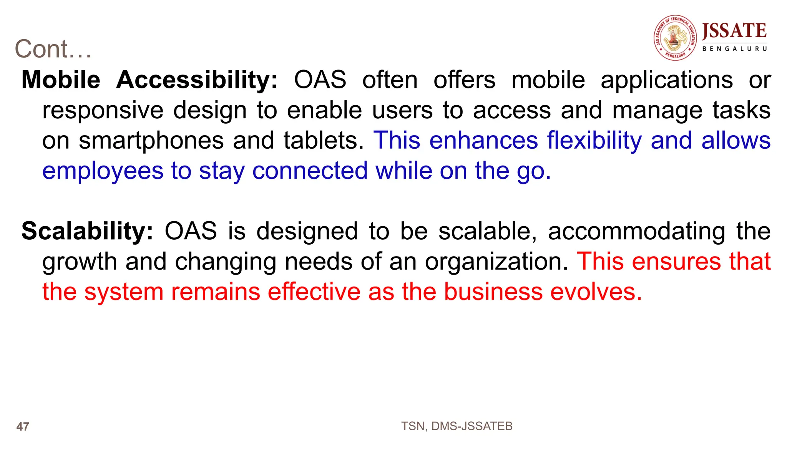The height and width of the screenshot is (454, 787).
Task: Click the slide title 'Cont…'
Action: [x=53, y=49]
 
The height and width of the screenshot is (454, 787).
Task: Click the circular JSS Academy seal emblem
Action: [x=675, y=38]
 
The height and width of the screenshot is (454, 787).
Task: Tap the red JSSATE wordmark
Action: [x=734, y=31]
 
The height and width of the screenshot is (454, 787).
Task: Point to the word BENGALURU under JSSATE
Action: [x=734, y=49]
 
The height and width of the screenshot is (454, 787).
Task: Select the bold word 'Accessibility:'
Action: [x=197, y=80]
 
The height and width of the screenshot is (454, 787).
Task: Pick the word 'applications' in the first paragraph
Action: [x=667, y=80]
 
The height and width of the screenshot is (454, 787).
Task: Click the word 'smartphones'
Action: [x=151, y=141]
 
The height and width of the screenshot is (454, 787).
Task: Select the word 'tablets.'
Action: [x=324, y=141]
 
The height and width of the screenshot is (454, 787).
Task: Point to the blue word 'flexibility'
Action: [x=594, y=141]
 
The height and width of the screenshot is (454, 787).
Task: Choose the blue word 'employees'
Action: [x=103, y=171]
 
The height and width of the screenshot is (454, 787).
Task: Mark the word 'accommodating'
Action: [x=637, y=231]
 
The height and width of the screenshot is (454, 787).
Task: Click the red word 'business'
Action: [x=493, y=292]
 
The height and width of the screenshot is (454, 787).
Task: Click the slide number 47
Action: [x=23, y=427]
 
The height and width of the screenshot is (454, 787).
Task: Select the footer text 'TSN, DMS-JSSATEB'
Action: [x=457, y=426]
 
